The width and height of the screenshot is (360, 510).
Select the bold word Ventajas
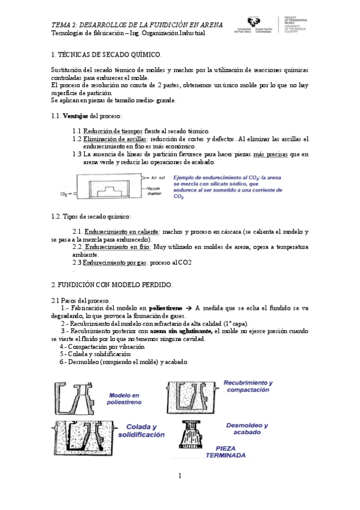click(x=75, y=115)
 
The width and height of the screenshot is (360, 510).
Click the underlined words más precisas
click(x=270, y=155)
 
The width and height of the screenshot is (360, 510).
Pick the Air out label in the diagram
click(x=158, y=179)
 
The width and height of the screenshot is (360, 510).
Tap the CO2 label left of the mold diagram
click(x=63, y=195)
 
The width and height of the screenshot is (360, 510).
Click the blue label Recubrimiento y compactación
click(x=248, y=386)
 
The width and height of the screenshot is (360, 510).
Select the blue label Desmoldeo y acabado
click(x=246, y=429)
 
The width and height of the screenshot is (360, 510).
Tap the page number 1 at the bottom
click(x=180, y=476)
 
